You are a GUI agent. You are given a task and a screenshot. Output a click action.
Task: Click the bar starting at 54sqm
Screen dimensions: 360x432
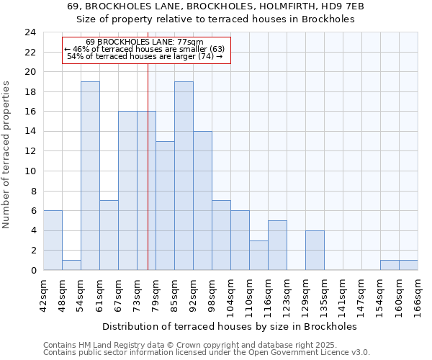[x=90, y=176]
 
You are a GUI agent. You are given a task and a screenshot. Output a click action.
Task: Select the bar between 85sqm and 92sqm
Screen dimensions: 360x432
[x=184, y=176]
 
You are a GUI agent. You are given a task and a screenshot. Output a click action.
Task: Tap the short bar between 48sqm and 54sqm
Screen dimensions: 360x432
[x=71, y=265]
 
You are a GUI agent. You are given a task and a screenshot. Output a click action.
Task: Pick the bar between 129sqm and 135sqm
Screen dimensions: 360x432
[x=315, y=250]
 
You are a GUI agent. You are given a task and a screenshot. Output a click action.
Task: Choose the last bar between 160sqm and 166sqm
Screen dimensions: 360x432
[x=408, y=265]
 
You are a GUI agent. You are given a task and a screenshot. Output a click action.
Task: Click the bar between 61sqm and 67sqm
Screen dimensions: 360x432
[x=109, y=235]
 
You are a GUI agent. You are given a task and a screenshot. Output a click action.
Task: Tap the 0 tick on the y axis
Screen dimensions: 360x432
[x=32, y=271]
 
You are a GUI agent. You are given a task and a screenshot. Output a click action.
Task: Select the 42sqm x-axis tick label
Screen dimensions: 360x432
[x=43, y=294]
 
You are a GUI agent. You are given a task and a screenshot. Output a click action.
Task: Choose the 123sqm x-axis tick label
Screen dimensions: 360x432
[x=287, y=294]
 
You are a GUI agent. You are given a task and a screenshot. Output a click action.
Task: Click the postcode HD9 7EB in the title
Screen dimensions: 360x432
[x=344, y=6]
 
